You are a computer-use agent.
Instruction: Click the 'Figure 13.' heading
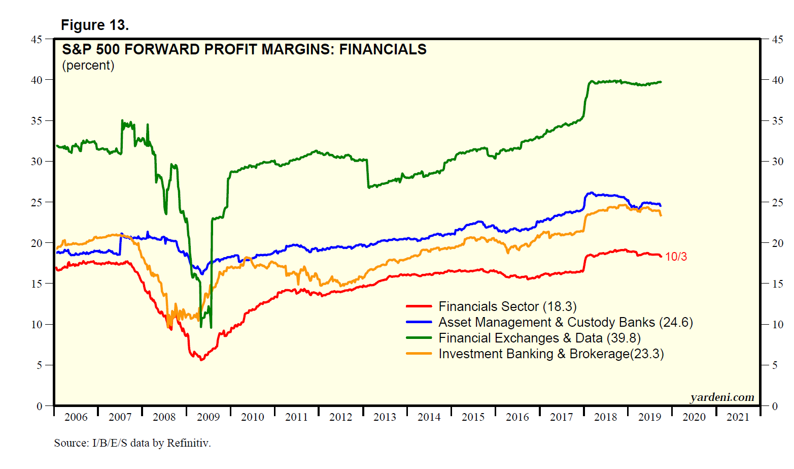[95, 25]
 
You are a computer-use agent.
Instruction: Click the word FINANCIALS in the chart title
[383, 49]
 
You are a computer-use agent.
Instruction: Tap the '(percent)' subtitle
[88, 66]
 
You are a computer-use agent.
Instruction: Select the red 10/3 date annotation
[676, 257]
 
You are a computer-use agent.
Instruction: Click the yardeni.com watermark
[722, 397]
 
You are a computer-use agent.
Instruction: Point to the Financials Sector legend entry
[507, 306]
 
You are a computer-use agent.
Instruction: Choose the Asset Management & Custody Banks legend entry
[565, 322]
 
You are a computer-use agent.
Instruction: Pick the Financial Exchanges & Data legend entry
[539, 338]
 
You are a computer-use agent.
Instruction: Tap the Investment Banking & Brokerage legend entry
[551, 354]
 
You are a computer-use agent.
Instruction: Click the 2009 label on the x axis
[208, 417]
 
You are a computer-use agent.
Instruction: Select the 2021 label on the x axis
[738, 417]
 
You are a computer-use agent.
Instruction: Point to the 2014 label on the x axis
[429, 417]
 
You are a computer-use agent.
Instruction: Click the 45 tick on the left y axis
[37, 39]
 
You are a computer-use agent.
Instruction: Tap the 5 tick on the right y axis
[775, 365]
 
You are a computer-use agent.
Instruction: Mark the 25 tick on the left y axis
[37, 202]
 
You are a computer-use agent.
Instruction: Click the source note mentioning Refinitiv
[132, 443]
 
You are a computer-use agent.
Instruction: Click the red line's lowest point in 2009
[201, 360]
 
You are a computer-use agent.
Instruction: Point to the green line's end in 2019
[660, 82]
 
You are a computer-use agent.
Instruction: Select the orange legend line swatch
[419, 354]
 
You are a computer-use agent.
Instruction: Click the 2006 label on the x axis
[76, 417]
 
